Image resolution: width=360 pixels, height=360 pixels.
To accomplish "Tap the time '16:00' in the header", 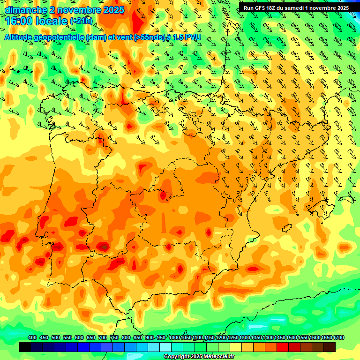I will [x=19, y=21].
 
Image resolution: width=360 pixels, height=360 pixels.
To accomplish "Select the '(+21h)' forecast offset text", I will [x=81, y=21].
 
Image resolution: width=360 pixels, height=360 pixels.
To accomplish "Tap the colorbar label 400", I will [x=32, y=337].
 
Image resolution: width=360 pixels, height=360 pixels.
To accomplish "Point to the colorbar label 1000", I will [x=174, y=337].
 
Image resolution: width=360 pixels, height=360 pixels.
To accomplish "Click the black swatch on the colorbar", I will [x=25, y=347].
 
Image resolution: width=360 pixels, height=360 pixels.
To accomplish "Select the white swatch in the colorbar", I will [x=165, y=347].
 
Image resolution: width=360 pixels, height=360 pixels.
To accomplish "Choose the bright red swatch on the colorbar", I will [x=283, y=347].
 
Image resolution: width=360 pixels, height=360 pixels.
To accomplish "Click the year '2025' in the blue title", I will [x=112, y=10].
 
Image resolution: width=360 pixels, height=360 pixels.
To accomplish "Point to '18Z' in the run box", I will [x=274, y=8].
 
